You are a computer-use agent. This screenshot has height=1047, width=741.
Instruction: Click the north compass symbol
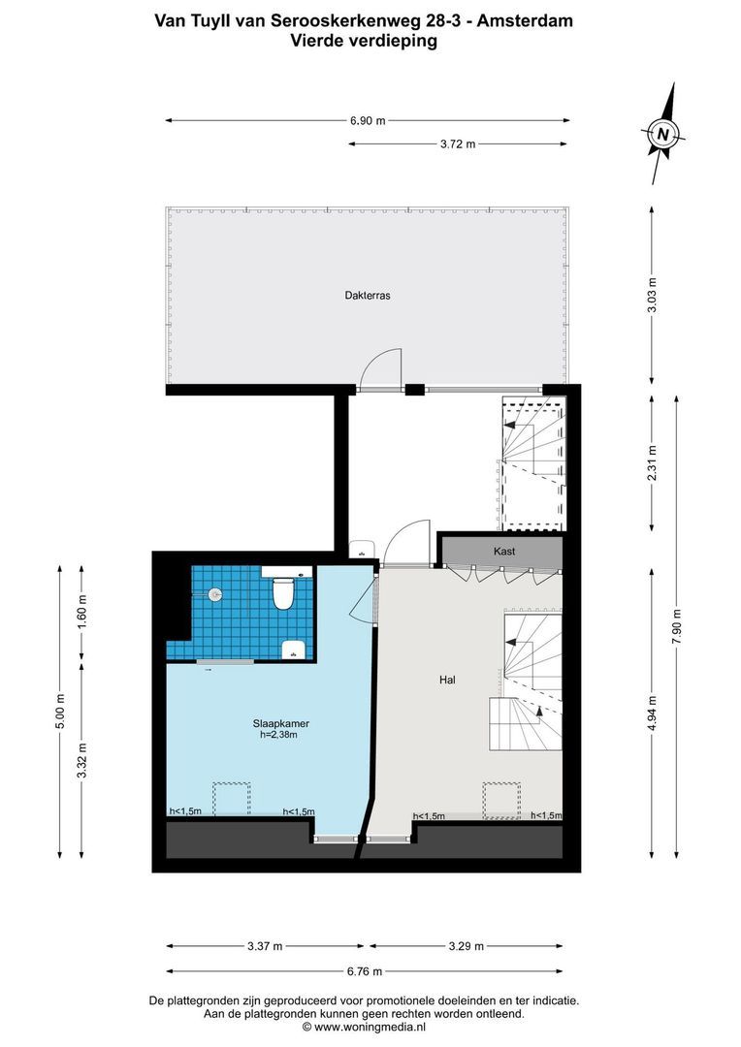tap(662, 135)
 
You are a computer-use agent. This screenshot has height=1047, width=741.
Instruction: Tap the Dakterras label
tap(367, 296)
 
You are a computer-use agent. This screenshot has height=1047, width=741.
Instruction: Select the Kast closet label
tap(503, 552)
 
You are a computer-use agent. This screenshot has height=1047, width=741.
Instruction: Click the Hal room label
tap(447, 681)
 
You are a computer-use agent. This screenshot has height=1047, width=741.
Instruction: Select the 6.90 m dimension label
tap(368, 120)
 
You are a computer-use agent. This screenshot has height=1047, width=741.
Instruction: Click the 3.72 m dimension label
tap(458, 144)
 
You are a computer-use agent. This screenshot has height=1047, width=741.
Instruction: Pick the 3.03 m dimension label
tap(652, 292)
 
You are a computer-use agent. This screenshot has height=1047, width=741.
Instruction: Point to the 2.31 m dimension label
tap(652, 457)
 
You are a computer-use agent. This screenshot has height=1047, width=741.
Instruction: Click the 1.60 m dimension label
tap(82, 613)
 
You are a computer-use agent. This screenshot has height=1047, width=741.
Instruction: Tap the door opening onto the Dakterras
tap(379, 370)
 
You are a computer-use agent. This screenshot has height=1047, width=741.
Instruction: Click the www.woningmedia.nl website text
tap(370, 1026)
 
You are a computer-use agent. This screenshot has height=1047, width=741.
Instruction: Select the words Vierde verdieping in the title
tap(363, 41)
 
